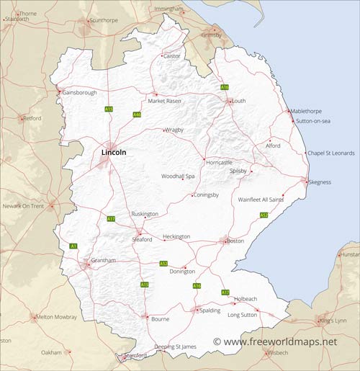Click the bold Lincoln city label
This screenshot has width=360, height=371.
pos(114,153)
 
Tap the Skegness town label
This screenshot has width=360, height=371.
pos(320,182)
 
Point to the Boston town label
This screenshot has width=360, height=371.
pos(235,241)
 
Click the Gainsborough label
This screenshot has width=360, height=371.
pos(80,92)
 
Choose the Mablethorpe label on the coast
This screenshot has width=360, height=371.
pos(306,111)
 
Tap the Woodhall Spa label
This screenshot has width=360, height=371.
pos(178,176)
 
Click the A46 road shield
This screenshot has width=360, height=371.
pos(137,115)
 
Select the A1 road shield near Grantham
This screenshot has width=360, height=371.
pos(73,246)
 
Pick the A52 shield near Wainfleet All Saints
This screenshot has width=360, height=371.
pos(264,215)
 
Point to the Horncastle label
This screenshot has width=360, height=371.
pos(220,162)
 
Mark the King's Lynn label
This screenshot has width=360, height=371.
pos(333,320)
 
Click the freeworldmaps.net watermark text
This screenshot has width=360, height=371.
pos(279,341)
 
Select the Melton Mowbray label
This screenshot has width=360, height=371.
pos(56,317)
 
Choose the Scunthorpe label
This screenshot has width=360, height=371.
pos(103,20)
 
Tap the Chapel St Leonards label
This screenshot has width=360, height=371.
pos(331,153)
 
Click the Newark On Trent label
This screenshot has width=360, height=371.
pos(24,206)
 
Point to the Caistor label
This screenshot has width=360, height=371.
pos(172,55)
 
